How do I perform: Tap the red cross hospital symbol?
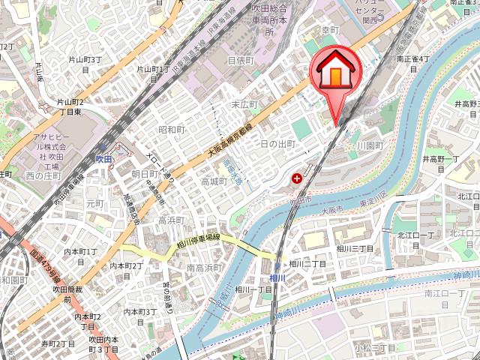[x=297, y=178]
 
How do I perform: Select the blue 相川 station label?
[x=277, y=277]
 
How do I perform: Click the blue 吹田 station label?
[x=103, y=159]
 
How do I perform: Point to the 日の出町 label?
[x=278, y=143]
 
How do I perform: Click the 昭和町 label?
[x=171, y=130]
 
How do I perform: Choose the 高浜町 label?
[x=171, y=220]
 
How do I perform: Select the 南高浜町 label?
[x=202, y=268]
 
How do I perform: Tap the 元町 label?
[x=94, y=203]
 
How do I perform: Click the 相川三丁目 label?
[x=355, y=248]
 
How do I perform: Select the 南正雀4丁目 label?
[x=413, y=58]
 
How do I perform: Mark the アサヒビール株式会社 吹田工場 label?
[x=53, y=146]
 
